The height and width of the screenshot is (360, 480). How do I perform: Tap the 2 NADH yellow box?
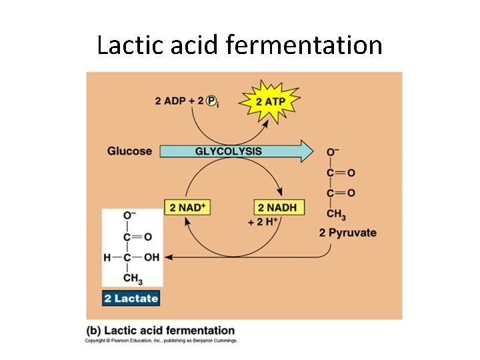tap(277, 207)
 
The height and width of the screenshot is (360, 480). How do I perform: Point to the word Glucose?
tap(129, 151)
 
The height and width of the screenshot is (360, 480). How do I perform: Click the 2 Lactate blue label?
tap(131, 298)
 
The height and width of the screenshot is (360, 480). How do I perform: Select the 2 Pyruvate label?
tap(347, 233)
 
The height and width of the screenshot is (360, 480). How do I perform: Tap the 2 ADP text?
tap(171, 101)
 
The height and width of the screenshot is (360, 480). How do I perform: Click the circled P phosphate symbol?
tap(212, 101)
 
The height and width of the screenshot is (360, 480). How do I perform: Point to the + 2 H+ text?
tap(263, 222)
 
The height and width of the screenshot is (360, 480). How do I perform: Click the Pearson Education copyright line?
tap(160, 341)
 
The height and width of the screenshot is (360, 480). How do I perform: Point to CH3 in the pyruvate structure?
tap(336, 214)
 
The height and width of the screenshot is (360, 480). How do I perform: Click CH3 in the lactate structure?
tap(133, 279)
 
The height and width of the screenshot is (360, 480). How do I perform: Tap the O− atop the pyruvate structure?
tap(333, 153)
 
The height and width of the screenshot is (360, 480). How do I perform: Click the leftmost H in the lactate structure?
tap(107, 257)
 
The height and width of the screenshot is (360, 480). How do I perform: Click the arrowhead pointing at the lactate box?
tap(167, 257)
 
